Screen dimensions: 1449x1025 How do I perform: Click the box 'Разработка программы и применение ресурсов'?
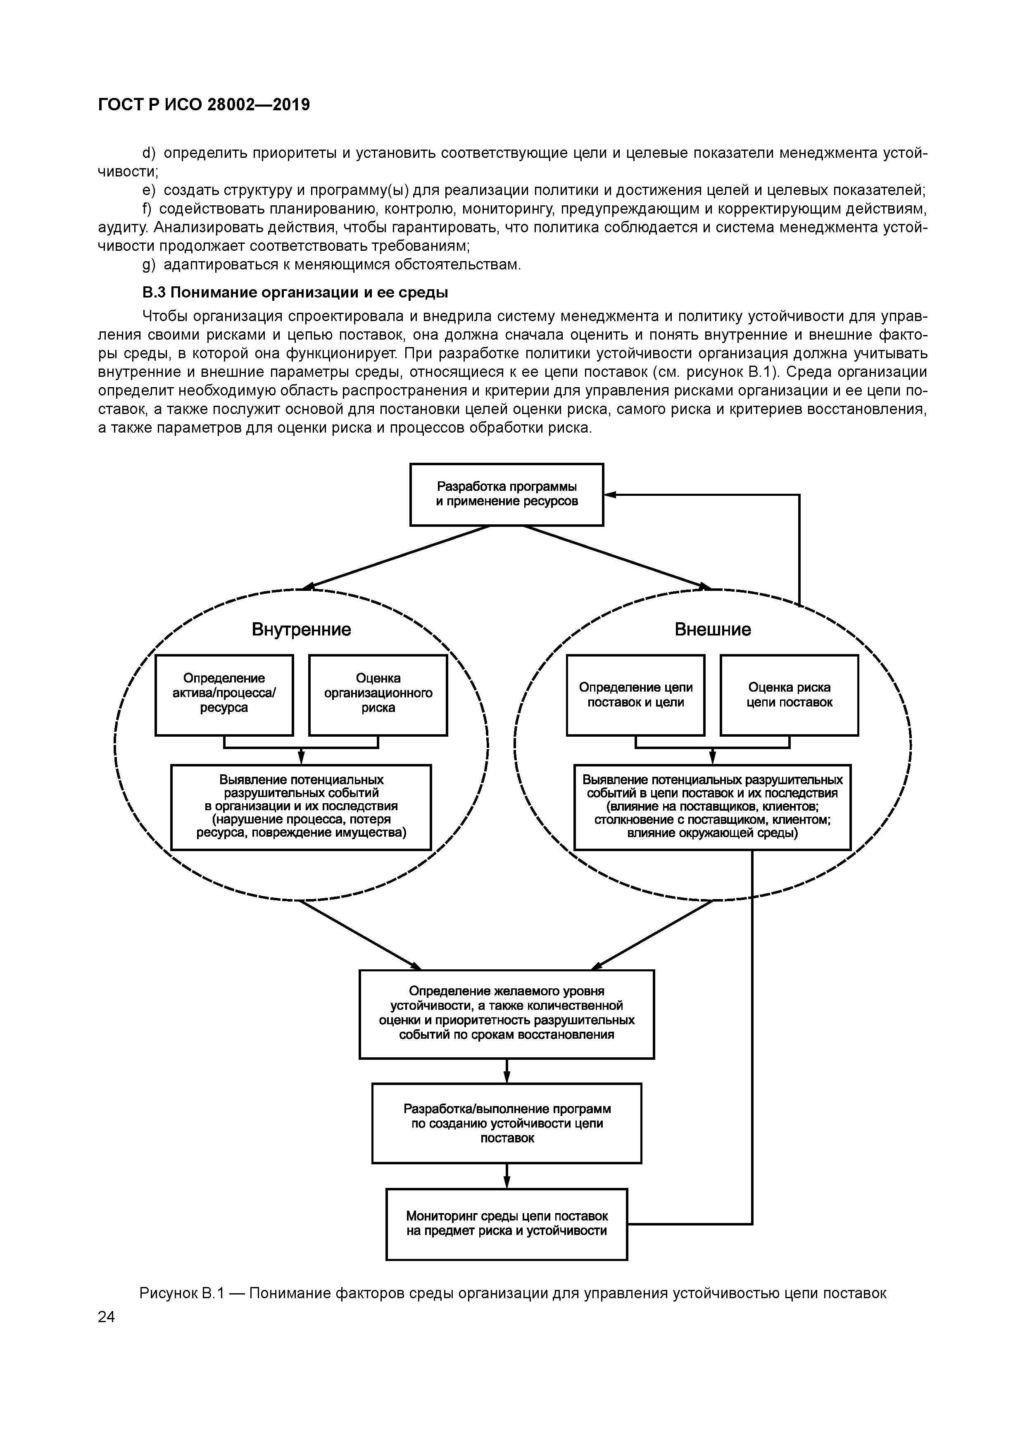507,494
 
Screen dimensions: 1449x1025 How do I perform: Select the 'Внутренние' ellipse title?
301,629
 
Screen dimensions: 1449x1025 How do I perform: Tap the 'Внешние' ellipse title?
713,629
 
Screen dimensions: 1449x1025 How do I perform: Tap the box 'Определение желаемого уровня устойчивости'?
507,1014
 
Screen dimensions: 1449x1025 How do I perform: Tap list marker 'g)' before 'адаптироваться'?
149,264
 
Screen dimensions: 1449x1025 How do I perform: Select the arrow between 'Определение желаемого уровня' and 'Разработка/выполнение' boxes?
507,1071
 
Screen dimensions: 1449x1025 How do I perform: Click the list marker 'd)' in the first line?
149,153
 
